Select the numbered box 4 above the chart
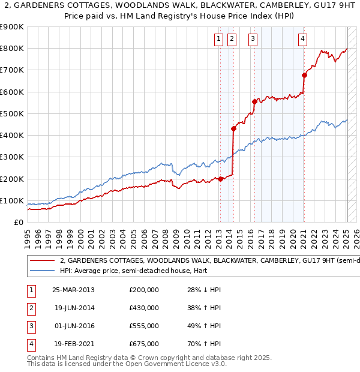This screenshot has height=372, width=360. pyautogui.click(x=303, y=40)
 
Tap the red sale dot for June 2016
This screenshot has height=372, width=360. pyautogui.click(x=254, y=102)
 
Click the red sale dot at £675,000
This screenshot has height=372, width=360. pyautogui.click(x=304, y=76)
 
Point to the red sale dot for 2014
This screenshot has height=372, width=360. pyautogui.click(x=233, y=128)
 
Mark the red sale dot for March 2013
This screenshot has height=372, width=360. pyautogui.click(x=220, y=179)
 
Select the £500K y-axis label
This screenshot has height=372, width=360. pyautogui.click(x=12, y=113)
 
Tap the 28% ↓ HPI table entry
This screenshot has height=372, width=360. pyautogui.click(x=204, y=290)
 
